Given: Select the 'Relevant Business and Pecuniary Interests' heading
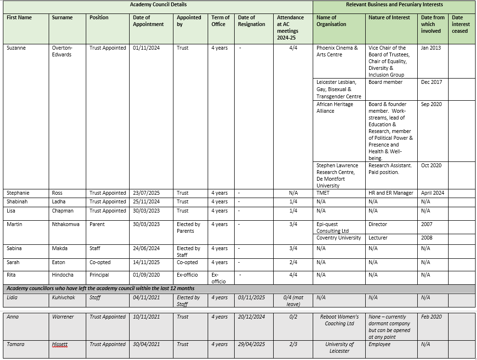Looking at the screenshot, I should [394, 4].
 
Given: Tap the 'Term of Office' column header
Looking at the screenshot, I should [220, 21].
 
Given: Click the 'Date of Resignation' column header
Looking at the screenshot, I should [251, 21].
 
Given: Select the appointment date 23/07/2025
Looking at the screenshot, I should [146, 193].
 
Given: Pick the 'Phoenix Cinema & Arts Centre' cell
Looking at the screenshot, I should [337, 51].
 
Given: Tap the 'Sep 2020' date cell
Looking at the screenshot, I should [431, 104].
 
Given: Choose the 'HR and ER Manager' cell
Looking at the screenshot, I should [391, 193].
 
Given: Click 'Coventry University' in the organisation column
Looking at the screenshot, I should [339, 238].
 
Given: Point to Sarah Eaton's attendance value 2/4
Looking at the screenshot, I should [293, 262].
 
